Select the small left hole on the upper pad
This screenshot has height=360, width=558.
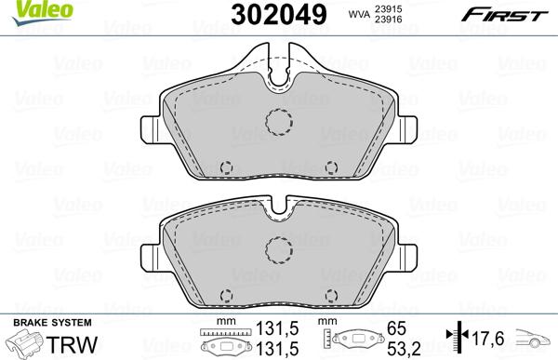click(225, 167)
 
